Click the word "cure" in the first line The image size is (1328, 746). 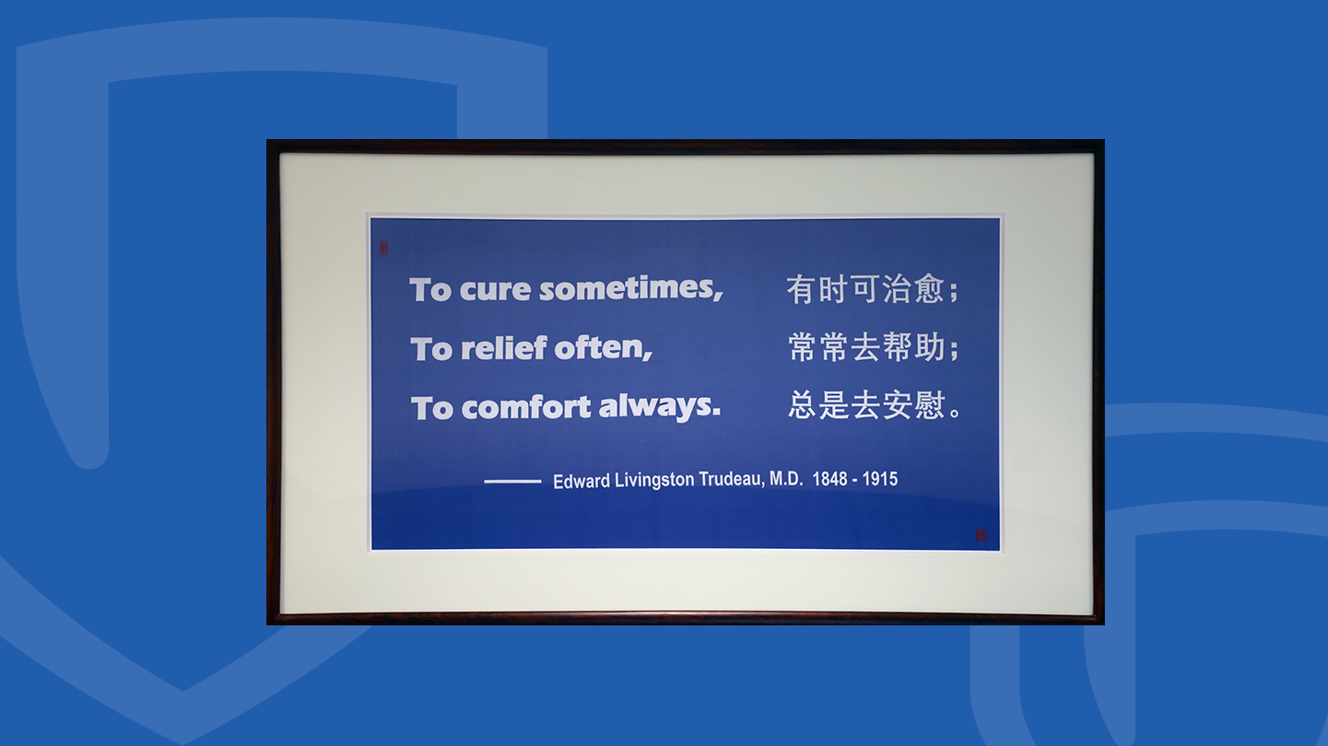(495, 290)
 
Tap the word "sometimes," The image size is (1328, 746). (630, 289)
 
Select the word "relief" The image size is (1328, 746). (504, 348)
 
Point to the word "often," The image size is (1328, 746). (604, 348)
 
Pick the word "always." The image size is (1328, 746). (660, 407)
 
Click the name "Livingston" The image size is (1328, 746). (654, 480)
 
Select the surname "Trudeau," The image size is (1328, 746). (732, 479)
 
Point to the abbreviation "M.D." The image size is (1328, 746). (786, 479)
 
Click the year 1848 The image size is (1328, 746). (830, 479)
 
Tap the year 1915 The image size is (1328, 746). (880, 479)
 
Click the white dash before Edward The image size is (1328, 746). (512, 481)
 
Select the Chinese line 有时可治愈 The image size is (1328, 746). (865, 289)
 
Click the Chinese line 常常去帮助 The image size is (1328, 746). (866, 347)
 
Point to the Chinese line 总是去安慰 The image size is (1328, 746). (866, 405)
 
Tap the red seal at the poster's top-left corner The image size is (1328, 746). (383, 248)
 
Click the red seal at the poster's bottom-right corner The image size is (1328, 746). (981, 535)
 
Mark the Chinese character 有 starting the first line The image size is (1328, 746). (801, 289)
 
